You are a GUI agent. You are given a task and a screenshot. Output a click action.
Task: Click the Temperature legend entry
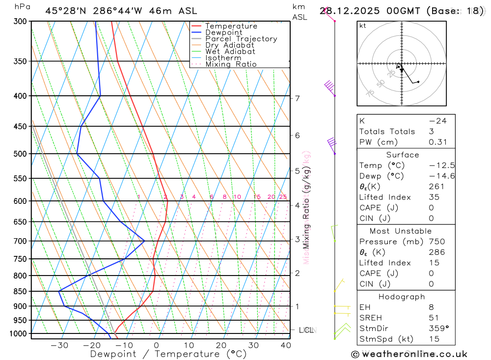pos(231,26)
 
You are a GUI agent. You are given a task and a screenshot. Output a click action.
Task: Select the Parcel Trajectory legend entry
pos(241,39)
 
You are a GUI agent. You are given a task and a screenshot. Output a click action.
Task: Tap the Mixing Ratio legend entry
pos(231,64)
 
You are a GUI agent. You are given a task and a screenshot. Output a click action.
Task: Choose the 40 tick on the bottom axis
pos(285,345)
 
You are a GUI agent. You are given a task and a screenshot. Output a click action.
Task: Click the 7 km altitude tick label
pos(298,98)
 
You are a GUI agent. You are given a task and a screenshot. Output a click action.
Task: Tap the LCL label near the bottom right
pos(307,330)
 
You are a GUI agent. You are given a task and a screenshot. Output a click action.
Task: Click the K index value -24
pos(437,121)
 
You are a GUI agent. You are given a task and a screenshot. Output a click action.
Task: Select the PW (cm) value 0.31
pos(437,142)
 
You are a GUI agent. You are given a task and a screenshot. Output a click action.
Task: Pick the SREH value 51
pos(434,318)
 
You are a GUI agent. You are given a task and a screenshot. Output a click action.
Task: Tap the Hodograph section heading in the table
pos(402,297)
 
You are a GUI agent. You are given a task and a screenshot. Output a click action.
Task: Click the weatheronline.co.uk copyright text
pos(409,354)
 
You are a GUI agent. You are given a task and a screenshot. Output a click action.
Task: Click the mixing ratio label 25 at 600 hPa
pos(283,197)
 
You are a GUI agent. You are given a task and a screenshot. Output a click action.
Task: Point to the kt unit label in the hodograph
pos(363,26)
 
